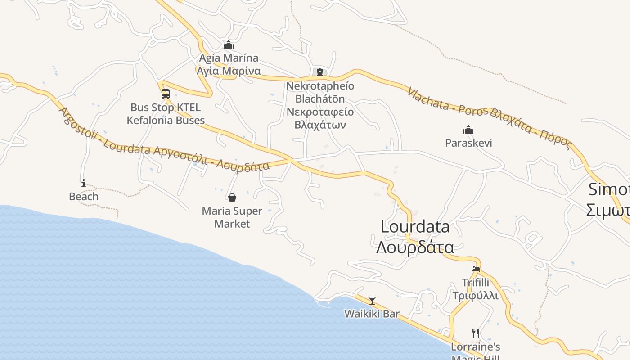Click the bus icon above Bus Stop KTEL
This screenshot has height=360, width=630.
pos(166,94)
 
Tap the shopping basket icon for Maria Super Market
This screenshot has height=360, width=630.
pos(232,198)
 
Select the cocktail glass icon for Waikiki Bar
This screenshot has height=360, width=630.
pos(372,301)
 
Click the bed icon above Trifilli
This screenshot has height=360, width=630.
pos(476,269)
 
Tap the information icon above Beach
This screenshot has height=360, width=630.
pos(84,183)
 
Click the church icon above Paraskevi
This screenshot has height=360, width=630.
pos(468,130)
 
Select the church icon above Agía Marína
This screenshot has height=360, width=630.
pos(229,45)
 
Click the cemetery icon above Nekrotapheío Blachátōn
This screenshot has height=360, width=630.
pos(320,72)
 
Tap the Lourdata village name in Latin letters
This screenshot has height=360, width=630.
pos(415,227)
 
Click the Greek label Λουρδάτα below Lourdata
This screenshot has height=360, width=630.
pos(415,247)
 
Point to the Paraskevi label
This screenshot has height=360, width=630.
pos(468,143)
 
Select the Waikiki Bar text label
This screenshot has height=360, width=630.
pos(372,314)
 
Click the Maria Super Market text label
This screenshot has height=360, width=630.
pos(232,217)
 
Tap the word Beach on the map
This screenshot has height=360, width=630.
pos(84,197)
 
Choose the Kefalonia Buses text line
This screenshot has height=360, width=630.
pos(166,121)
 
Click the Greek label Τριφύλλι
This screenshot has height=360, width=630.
pos(476,296)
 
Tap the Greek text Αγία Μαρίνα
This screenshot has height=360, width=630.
pos(229,71)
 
